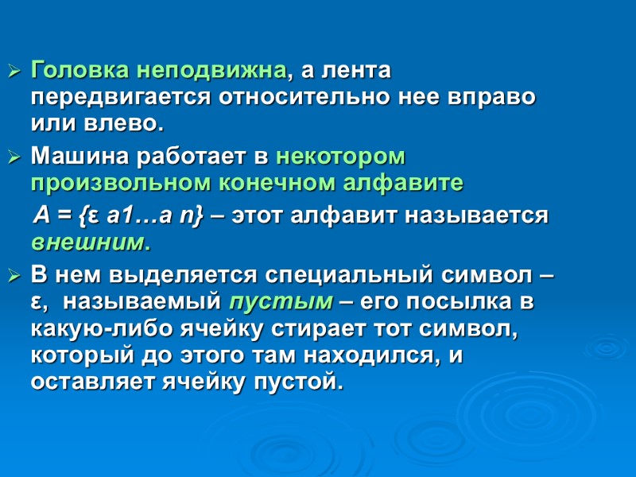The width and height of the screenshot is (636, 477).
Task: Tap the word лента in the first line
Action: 359,71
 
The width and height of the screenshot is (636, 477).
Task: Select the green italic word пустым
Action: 280,303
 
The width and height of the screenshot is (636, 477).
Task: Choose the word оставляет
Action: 91,384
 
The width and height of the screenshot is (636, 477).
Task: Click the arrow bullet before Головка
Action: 14,72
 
